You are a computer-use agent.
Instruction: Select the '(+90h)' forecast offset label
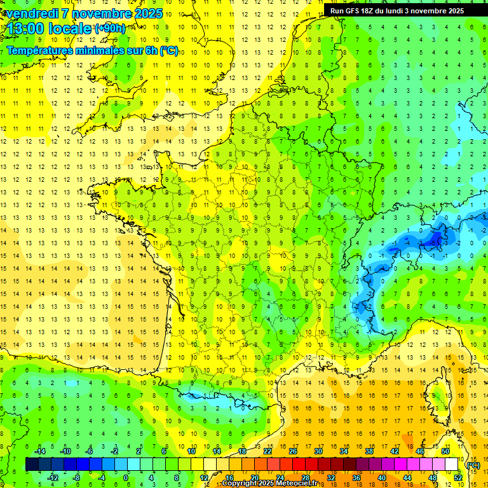[x=109, y=29]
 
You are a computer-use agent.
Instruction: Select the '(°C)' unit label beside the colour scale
[x=473, y=465]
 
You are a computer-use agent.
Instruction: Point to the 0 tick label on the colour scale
[x=125, y=478]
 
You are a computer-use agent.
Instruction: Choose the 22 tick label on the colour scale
[x=268, y=451]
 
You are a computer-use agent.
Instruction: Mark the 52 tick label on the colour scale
[x=458, y=478]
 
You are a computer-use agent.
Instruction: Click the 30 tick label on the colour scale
[x=318, y=451]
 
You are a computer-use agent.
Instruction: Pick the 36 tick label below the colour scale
[x=356, y=478]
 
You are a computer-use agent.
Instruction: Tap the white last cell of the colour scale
[x=452, y=464]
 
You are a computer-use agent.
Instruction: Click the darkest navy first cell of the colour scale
[x=32, y=464]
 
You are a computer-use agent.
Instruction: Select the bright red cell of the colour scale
[x=299, y=464]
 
